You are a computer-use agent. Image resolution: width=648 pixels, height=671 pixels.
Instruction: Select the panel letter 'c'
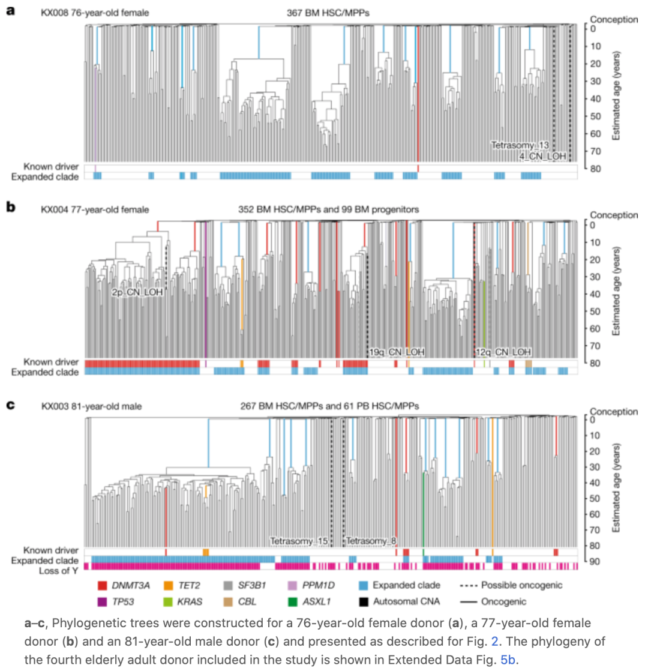click(10, 405)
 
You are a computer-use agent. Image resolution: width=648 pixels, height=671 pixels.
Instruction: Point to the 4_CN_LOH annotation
click(542, 156)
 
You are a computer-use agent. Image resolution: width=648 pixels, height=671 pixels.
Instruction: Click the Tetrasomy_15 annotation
click(299, 540)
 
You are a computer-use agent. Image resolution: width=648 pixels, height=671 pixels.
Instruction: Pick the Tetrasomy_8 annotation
click(372, 540)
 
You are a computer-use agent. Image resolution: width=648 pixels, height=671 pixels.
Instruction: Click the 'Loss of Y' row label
click(60, 566)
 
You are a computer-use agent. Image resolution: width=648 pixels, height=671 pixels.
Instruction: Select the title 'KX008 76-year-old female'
click(95, 12)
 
